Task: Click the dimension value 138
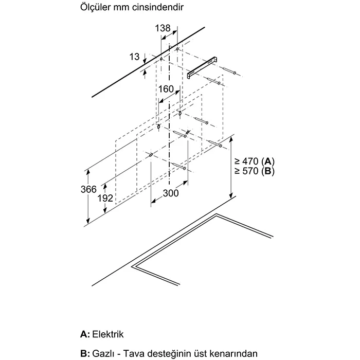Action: tap(163, 28)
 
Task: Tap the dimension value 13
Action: tap(135, 57)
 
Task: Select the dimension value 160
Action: tap(166, 89)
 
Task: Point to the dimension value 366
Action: tap(89, 190)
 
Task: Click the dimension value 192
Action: tap(105, 198)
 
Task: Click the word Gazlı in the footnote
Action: tap(105, 353)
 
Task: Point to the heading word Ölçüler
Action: tap(95, 9)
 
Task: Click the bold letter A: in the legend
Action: tap(85, 334)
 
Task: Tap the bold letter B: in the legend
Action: tap(85, 353)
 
